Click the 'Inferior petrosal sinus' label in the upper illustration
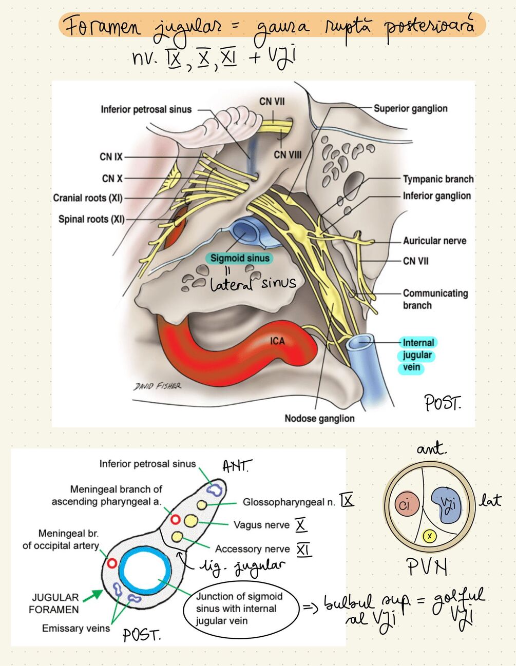[x=146, y=109]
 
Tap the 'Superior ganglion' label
[x=410, y=108]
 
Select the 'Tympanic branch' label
[x=438, y=179]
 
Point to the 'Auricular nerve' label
[x=434, y=241]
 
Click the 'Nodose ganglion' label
[x=319, y=418]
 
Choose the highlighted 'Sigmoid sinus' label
[x=240, y=258]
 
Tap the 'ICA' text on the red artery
[x=277, y=341]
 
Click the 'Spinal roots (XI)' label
[x=91, y=219]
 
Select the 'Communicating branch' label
[x=435, y=299]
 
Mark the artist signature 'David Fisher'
[x=157, y=385]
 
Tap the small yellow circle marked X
[x=430, y=536]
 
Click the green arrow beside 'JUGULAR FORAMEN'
[x=92, y=595]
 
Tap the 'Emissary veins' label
[x=76, y=628]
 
